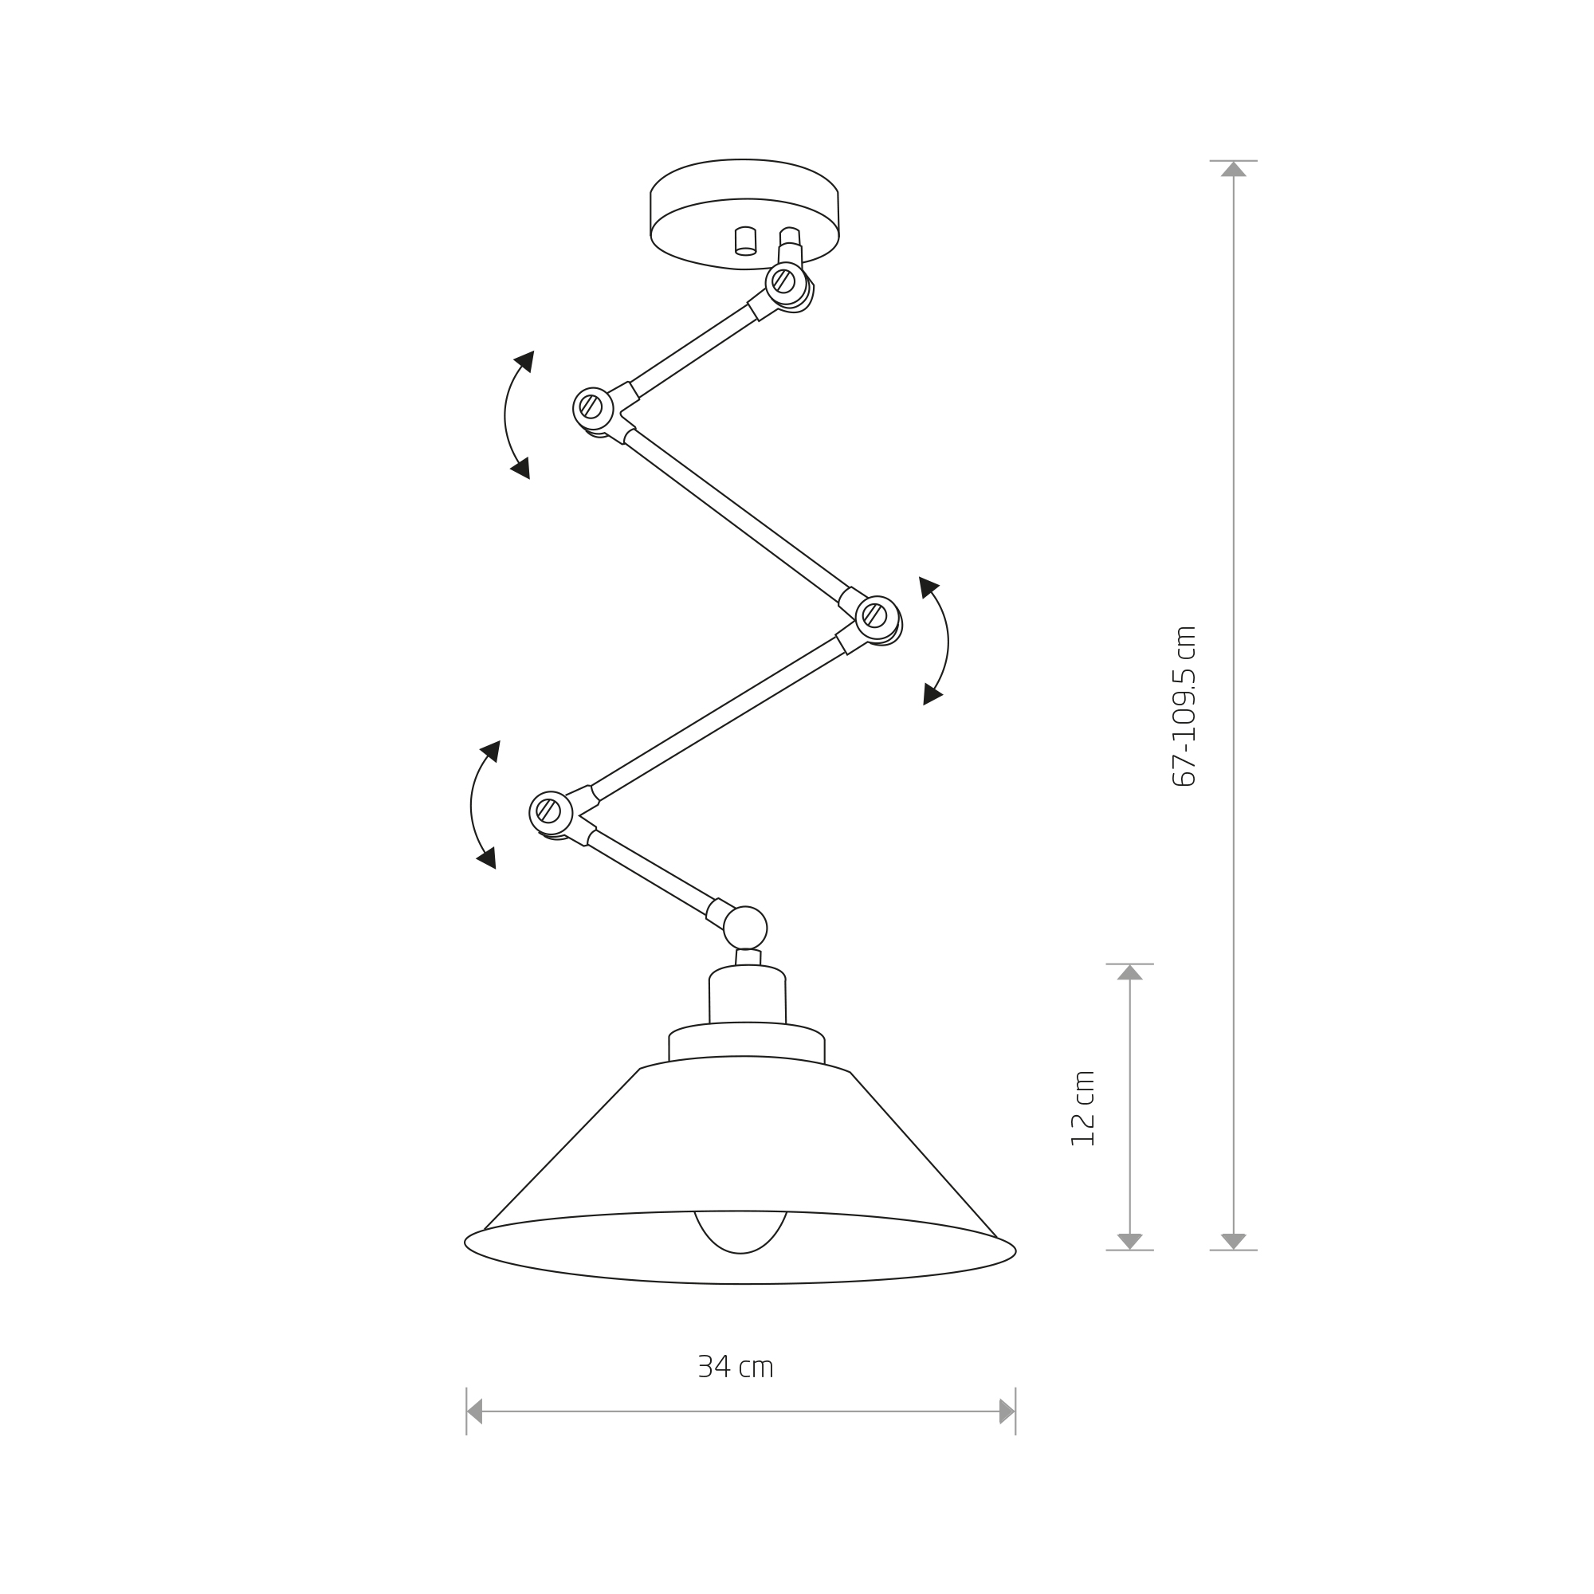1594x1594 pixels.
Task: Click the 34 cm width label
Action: [x=735, y=1367]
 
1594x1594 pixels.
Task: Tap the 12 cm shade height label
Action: [x=1082, y=1108]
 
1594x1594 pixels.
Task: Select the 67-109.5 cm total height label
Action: [x=1184, y=706]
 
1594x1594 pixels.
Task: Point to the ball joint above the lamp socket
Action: [x=745, y=928]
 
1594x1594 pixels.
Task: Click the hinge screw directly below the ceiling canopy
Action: [x=783, y=281]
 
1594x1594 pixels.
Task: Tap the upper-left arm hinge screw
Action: [x=591, y=406]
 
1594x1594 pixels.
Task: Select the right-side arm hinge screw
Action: [x=874, y=615]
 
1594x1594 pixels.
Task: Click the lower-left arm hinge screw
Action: [x=548, y=811]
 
